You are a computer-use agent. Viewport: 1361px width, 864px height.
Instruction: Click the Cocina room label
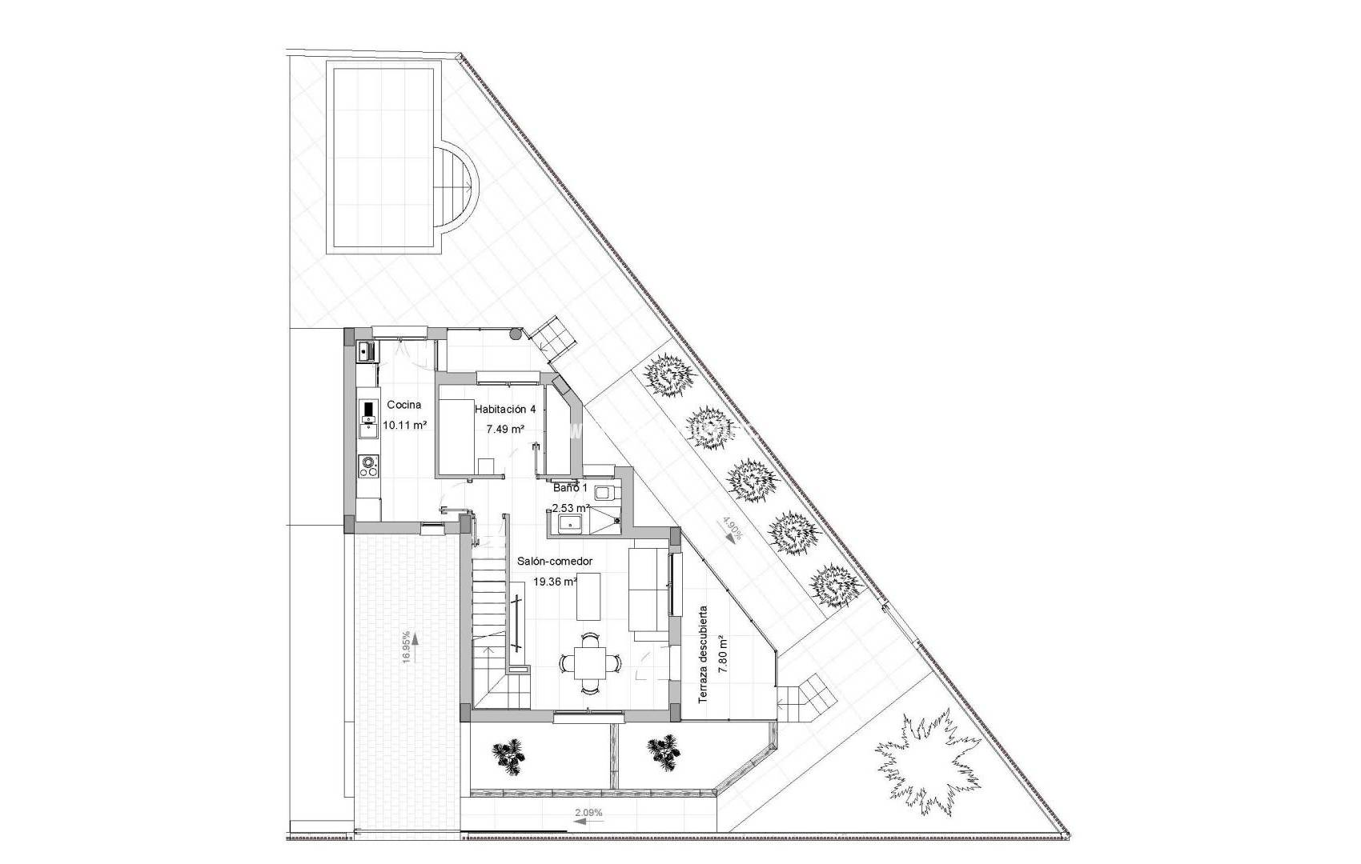click(x=403, y=406)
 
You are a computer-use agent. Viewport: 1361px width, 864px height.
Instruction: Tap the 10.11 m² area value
click(x=404, y=426)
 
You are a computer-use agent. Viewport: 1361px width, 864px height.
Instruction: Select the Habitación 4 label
click(x=505, y=410)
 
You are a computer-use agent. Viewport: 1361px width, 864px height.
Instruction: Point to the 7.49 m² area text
click(x=505, y=429)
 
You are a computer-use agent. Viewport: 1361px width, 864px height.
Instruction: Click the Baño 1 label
click(x=570, y=488)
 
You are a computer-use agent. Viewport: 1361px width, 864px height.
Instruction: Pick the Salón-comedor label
click(x=555, y=562)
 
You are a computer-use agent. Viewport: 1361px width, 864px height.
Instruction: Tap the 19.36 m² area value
click(x=555, y=582)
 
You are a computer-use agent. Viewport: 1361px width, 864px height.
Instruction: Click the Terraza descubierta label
click(x=703, y=655)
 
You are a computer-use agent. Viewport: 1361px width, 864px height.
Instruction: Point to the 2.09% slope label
click(x=588, y=814)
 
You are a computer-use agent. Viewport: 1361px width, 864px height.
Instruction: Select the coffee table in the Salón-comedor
click(x=589, y=595)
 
